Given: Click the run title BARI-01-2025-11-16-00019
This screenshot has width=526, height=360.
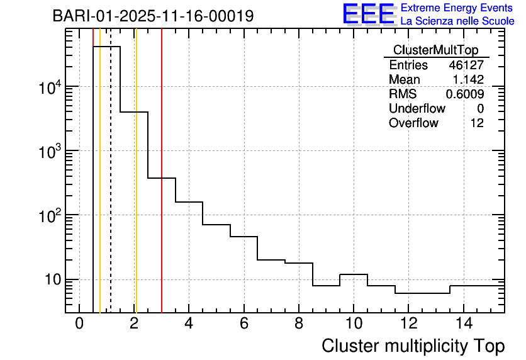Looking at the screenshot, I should click(x=153, y=16).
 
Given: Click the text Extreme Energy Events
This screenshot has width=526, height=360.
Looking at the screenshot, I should click(x=457, y=8).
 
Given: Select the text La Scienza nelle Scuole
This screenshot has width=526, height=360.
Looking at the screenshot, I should click(x=457, y=21).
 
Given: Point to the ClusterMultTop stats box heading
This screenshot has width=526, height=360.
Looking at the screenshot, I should click(x=435, y=50).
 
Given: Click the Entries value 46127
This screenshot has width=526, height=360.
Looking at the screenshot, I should click(x=466, y=65).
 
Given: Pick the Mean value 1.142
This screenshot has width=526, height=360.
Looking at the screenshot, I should click(x=468, y=80).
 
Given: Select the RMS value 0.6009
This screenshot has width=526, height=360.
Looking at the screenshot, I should click(x=465, y=94).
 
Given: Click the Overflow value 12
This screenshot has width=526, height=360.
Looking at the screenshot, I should click(x=477, y=123).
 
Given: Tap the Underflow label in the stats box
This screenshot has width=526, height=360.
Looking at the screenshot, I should click(x=417, y=109).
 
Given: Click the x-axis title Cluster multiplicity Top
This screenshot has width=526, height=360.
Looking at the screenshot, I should click(x=413, y=346).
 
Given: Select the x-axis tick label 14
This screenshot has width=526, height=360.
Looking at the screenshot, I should click(x=463, y=324).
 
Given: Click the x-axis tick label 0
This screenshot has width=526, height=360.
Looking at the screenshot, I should click(x=79, y=324).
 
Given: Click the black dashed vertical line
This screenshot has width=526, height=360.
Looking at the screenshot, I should click(x=111, y=189).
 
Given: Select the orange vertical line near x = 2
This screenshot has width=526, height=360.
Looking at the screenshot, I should click(x=136, y=189).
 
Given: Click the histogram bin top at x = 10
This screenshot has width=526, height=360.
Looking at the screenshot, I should click(x=354, y=275).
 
